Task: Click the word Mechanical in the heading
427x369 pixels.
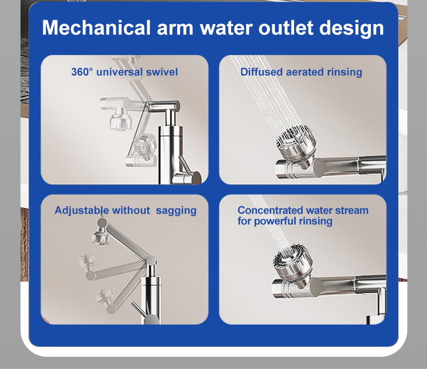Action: [97, 28]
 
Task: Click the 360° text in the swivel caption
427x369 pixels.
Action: [82, 72]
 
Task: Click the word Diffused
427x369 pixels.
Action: [262, 72]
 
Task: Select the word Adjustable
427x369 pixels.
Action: [82, 210]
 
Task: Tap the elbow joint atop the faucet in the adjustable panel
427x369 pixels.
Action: [152, 261]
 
